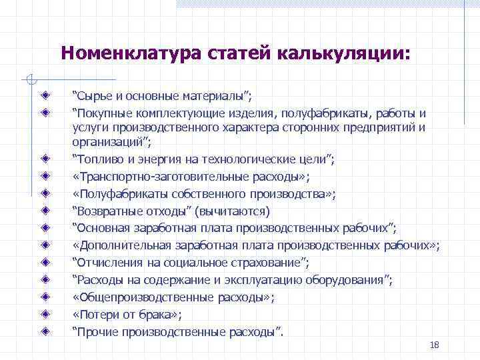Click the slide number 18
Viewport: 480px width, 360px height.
(x=435, y=345)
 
